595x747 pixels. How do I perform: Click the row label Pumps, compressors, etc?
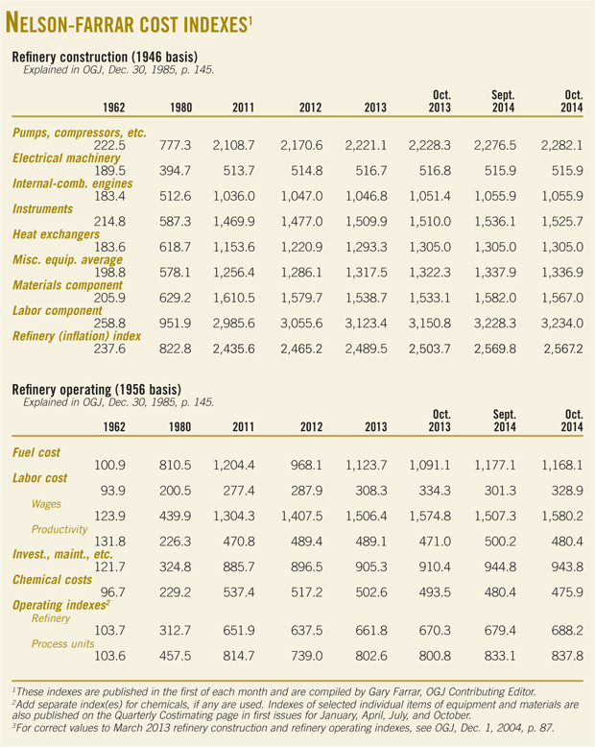coord(80,132)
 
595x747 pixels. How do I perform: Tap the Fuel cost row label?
coord(39,452)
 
